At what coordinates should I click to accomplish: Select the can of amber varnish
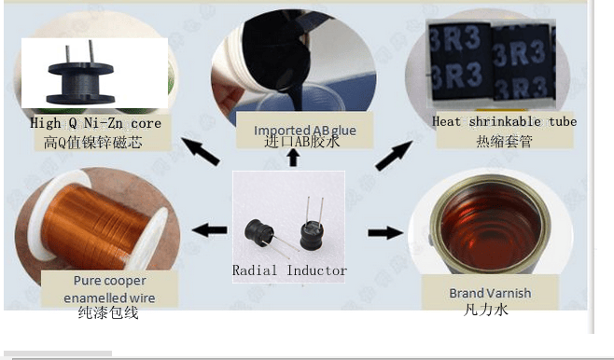tap(491, 226)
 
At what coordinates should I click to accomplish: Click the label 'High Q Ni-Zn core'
tap(95, 123)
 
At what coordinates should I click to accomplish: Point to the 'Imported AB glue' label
tap(305, 130)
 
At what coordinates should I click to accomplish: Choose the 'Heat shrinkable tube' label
tap(504, 121)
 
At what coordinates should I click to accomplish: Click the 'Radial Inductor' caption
tap(289, 270)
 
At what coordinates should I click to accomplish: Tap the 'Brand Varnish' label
tap(490, 293)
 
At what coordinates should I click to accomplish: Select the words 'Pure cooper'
tap(110, 281)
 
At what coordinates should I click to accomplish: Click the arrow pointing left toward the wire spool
tap(210, 229)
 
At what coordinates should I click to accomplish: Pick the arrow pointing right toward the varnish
tap(385, 232)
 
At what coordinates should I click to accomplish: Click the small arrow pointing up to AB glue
tap(293, 158)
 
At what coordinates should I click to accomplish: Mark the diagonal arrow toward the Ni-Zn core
tap(200, 151)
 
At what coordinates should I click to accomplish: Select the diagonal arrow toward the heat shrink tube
tap(394, 156)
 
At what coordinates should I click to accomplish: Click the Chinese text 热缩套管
tap(504, 141)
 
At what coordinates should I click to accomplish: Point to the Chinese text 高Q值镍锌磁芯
tap(92, 143)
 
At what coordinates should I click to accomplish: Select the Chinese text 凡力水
tap(485, 310)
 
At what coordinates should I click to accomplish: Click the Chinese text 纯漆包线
tap(108, 312)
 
